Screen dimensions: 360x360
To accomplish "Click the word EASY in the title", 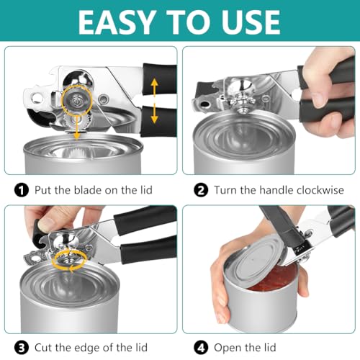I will [x=117, y=22].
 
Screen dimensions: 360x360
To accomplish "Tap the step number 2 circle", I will [x=202, y=191].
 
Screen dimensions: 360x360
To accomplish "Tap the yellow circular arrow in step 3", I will [x=73, y=261].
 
